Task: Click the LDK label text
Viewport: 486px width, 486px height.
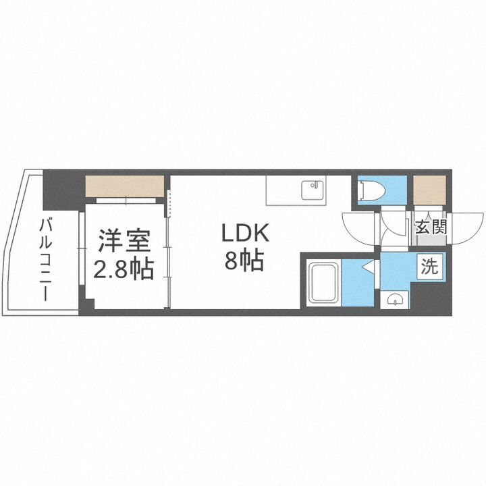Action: tap(247, 234)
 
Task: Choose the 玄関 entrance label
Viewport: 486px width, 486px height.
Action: tap(431, 227)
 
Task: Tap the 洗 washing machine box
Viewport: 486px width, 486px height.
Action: tap(429, 266)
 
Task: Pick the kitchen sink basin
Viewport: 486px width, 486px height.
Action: tap(313, 188)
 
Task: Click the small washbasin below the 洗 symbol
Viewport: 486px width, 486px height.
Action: tap(396, 299)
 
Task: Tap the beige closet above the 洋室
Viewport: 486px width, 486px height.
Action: tap(126, 186)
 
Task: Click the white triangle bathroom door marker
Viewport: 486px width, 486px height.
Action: tap(368, 268)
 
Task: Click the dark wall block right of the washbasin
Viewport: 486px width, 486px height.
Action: tap(429, 297)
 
